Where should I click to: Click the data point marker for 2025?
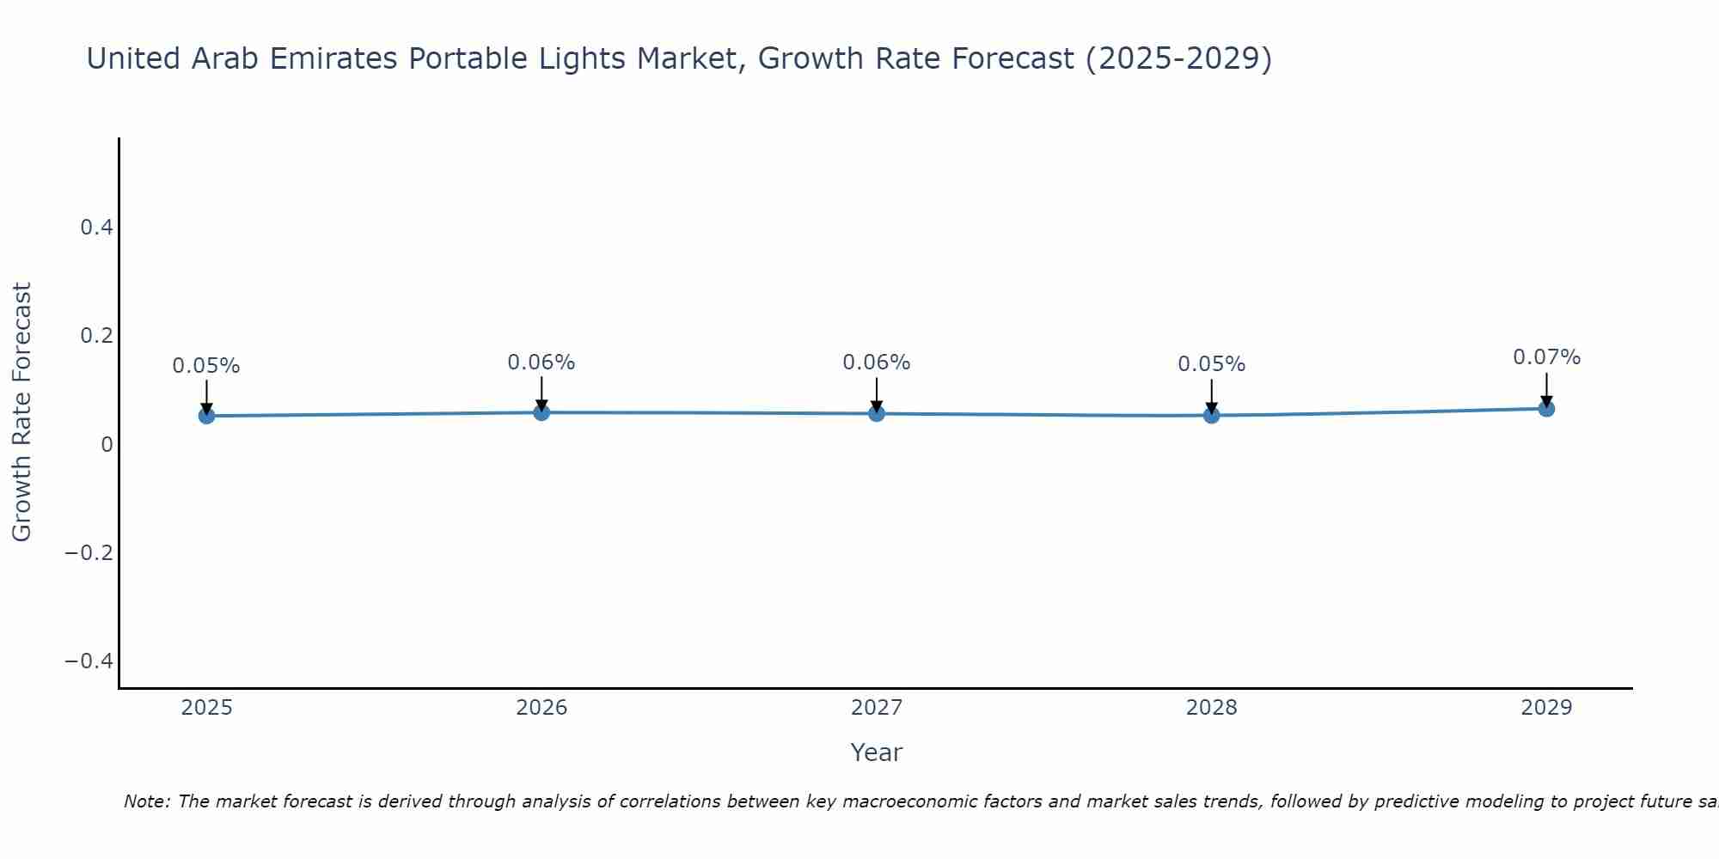tap(206, 416)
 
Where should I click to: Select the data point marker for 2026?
tap(541, 412)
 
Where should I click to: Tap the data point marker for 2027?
tap(877, 413)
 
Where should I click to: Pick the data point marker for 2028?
tap(1211, 415)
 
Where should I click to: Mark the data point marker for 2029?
tap(1546, 409)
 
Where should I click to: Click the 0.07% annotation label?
tap(1546, 357)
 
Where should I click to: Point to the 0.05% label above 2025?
tap(206, 366)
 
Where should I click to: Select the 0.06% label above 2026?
tap(541, 362)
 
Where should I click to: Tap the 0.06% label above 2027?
tap(877, 362)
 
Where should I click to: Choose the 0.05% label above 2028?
tap(1211, 364)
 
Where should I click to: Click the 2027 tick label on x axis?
tap(877, 708)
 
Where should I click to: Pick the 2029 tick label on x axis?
tap(1546, 708)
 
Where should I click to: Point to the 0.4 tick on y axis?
tap(96, 228)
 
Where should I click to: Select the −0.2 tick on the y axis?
tap(89, 552)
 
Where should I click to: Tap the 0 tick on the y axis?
tap(107, 444)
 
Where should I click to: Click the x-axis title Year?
tap(877, 752)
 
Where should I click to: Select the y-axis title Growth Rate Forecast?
tap(21, 412)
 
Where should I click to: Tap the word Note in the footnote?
tap(146, 801)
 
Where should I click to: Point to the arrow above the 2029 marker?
tap(1546, 388)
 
